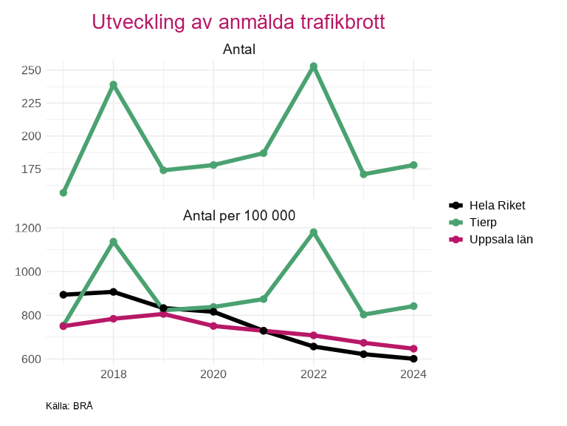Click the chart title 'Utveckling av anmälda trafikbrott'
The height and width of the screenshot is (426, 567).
tap(238, 22)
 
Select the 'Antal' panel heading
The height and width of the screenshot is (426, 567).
tap(239, 50)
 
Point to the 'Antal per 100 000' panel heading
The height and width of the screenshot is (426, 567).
tap(239, 216)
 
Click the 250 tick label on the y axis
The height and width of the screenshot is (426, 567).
tap(31, 70)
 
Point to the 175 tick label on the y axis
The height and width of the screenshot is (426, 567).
tap(31, 169)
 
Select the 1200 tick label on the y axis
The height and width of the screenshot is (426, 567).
tap(28, 228)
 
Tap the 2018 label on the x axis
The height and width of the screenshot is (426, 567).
tap(113, 374)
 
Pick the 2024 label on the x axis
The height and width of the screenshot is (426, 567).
tap(413, 374)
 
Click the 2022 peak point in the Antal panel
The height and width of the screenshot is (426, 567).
tap(314, 67)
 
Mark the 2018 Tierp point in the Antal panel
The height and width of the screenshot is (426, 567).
tap(113, 85)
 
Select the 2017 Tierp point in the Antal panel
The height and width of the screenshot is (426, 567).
tap(63, 193)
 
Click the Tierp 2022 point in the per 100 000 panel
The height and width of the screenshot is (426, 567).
tap(314, 232)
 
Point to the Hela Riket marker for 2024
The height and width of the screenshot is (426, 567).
tap(413, 359)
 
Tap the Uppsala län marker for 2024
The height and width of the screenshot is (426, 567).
tap(413, 348)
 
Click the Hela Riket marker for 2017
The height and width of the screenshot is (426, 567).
tap(63, 294)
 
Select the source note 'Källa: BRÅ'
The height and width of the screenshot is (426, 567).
tap(69, 406)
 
